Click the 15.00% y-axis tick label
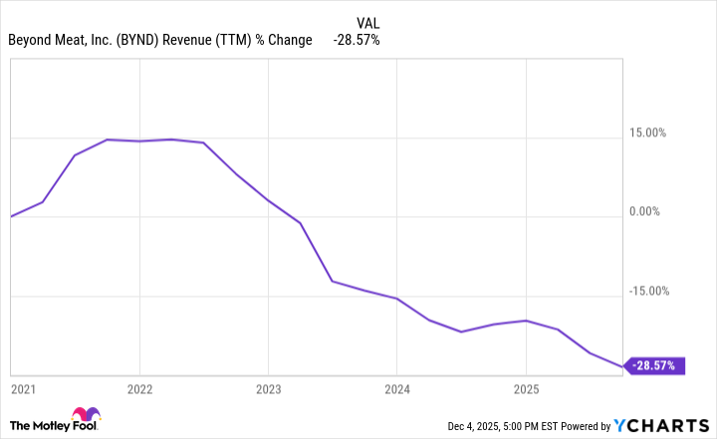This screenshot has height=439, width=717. [x=652, y=132]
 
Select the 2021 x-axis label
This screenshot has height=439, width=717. [x=22, y=387]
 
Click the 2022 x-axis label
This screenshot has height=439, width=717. [x=139, y=387]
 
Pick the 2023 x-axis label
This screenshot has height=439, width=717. [x=268, y=387]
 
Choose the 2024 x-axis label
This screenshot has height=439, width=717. [x=397, y=387]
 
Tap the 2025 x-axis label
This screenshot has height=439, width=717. [x=526, y=387]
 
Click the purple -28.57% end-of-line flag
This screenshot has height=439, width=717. [x=655, y=366]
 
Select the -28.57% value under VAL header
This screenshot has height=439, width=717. [x=356, y=40]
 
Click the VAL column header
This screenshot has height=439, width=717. [x=367, y=21]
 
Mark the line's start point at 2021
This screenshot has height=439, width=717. [x=10, y=216]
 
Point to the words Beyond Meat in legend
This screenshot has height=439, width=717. [x=50, y=40]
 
